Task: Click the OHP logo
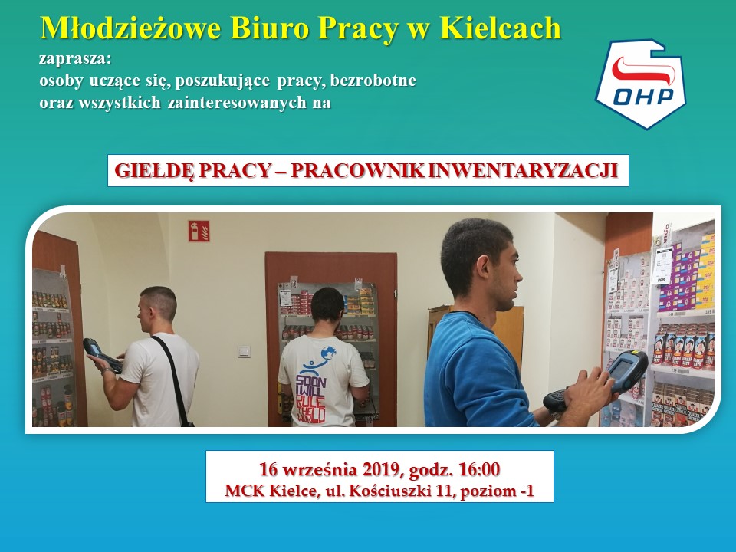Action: click(641, 84)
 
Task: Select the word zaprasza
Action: click(75, 60)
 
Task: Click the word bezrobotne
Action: click(373, 80)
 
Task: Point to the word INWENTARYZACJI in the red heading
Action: click(523, 170)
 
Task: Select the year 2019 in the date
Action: click(381, 469)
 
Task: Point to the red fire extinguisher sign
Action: click(199, 231)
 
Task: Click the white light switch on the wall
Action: click(244, 352)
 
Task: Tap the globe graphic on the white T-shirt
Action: click(328, 353)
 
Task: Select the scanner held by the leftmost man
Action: click(101, 354)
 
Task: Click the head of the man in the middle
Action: click(327, 305)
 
